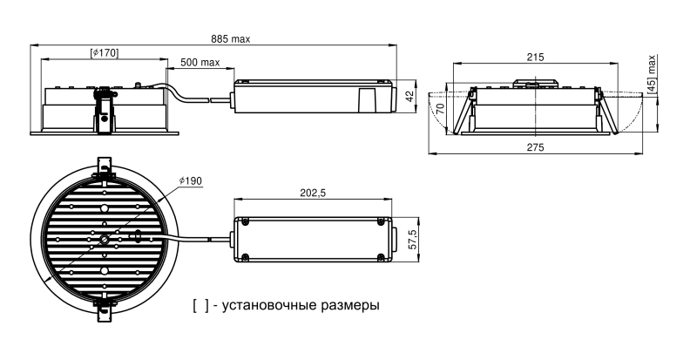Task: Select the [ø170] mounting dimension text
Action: coord(105,54)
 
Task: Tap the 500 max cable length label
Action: coord(200,63)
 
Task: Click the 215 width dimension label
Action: coord(535,58)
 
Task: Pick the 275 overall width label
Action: coord(535,148)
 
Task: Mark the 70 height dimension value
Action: coord(441,110)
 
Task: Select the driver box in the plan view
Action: coord(314,237)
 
